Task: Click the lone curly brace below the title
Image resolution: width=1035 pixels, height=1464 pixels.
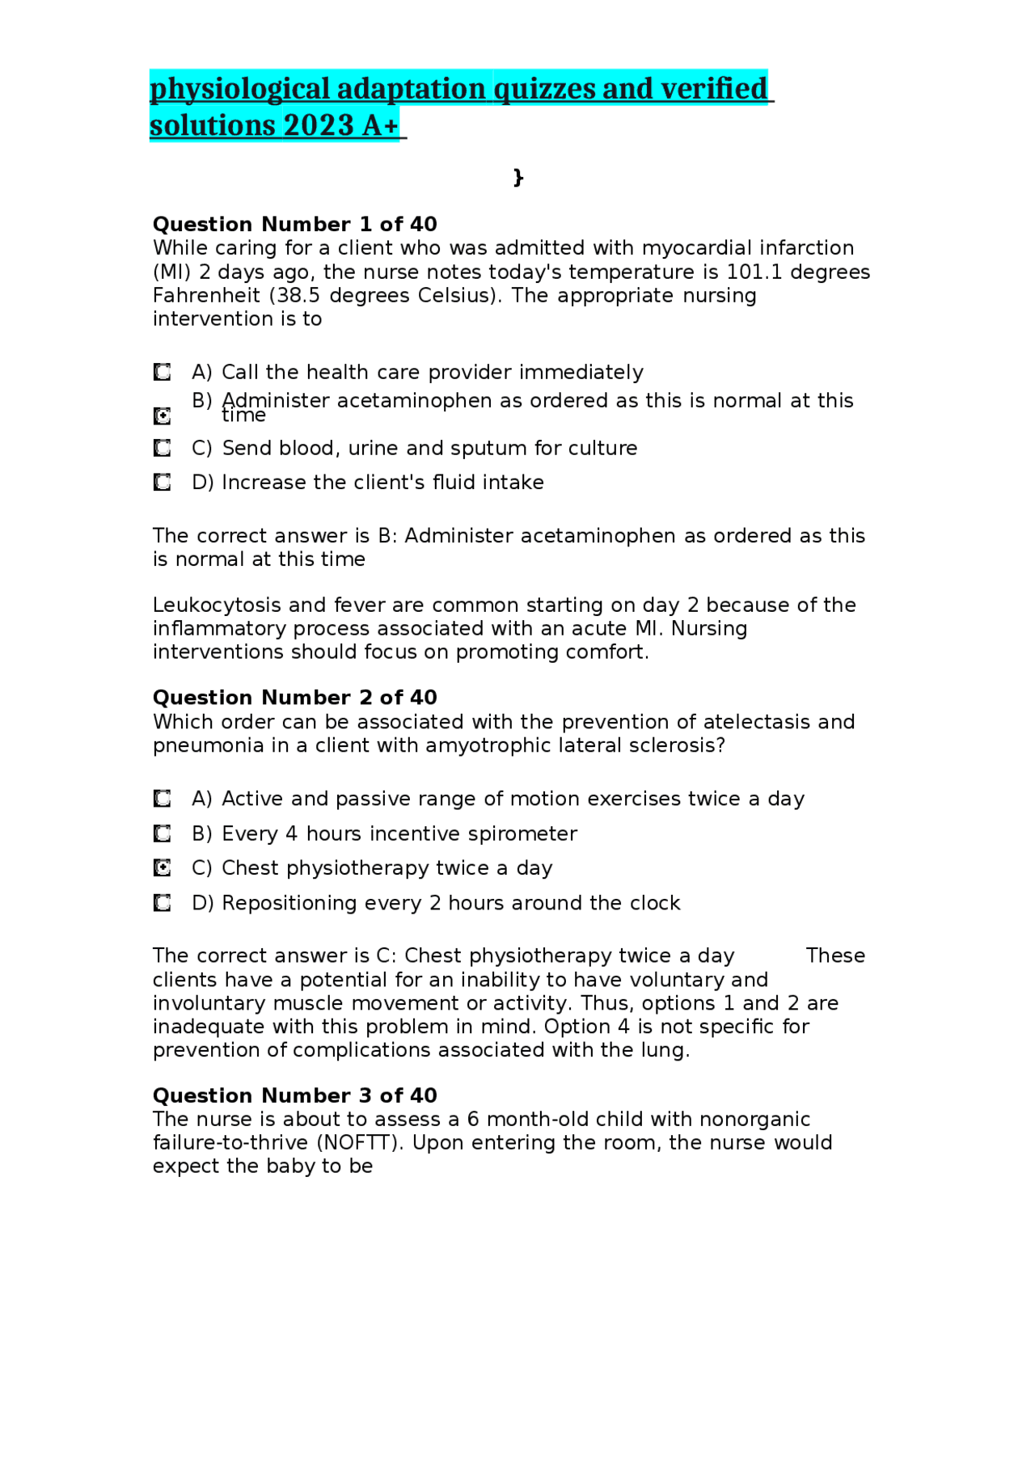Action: tap(518, 177)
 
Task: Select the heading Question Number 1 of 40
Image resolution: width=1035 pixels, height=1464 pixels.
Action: tap(294, 224)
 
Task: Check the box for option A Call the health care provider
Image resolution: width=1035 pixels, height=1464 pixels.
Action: tap(163, 372)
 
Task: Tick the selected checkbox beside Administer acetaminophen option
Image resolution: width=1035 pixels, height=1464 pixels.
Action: tap(163, 416)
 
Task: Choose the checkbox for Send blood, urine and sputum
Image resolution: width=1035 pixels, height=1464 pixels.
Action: tap(163, 448)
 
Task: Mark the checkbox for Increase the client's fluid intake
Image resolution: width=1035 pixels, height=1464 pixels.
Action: tap(163, 483)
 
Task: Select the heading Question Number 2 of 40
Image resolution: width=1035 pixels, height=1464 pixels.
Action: tap(294, 698)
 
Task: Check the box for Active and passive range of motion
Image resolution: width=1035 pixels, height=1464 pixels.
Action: tap(163, 799)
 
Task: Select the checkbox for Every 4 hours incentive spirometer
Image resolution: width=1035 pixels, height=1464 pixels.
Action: tap(163, 833)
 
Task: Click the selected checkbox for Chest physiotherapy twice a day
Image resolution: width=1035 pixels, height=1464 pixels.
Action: tap(163, 868)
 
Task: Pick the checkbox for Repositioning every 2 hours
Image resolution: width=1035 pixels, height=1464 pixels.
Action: tap(163, 903)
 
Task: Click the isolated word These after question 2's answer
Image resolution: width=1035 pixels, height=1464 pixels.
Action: tap(835, 956)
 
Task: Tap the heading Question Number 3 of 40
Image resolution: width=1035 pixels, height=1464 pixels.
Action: tap(294, 1095)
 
